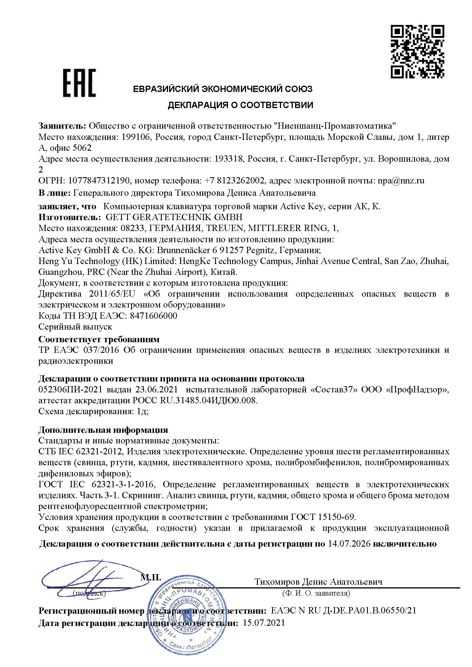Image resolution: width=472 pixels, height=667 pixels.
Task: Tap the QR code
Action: (417, 52)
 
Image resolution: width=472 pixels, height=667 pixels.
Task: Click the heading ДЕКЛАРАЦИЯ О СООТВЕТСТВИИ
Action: (240, 105)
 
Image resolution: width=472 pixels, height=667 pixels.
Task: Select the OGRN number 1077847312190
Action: (99, 181)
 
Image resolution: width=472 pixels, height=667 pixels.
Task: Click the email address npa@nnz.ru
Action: (401, 181)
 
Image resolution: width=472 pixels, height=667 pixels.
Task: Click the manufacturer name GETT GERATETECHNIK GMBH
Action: (174, 217)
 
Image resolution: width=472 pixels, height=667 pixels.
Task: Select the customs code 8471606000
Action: (153, 316)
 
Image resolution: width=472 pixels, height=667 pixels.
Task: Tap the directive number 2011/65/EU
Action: (112, 294)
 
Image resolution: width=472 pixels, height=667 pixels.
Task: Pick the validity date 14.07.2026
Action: (349, 543)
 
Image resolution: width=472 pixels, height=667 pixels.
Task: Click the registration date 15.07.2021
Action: (264, 623)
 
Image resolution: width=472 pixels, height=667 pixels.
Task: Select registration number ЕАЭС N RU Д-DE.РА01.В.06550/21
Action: (344, 610)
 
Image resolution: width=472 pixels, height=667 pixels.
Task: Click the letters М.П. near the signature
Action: (151, 577)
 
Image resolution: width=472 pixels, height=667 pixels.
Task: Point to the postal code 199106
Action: (134, 137)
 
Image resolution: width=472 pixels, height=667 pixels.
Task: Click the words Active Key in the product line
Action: (301, 206)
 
